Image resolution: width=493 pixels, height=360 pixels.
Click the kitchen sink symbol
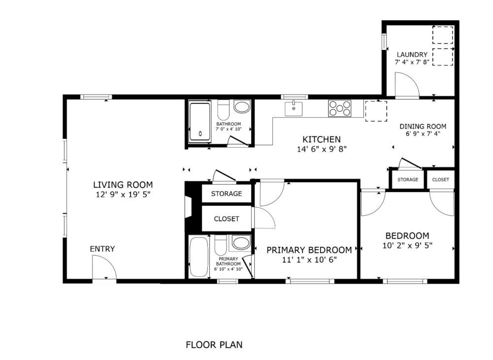(294, 108)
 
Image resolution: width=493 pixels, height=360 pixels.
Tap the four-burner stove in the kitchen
(340, 108)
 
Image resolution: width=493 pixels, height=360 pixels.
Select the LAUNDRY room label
(412, 54)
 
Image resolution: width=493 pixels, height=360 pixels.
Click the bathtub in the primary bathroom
(199, 257)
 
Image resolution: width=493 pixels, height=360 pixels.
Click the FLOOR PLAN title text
(214, 345)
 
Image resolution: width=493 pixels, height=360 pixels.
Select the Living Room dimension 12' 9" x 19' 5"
(123, 195)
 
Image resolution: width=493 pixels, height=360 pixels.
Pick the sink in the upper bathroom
(241, 107)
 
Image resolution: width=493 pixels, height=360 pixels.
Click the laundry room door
(407, 85)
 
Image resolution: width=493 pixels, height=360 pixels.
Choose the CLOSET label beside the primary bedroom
(227, 219)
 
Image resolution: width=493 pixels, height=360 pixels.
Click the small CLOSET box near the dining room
(440, 180)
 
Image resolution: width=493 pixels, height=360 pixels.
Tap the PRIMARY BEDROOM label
(309, 250)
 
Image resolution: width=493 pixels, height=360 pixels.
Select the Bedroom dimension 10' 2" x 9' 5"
(407, 245)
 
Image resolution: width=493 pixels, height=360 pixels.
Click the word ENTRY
(102, 249)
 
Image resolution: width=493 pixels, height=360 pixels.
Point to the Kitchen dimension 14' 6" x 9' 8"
(321, 149)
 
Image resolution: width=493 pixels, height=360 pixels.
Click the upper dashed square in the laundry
(442, 35)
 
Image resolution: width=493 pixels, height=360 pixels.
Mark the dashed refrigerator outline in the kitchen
(376, 111)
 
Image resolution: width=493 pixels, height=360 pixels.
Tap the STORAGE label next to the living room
(227, 194)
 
